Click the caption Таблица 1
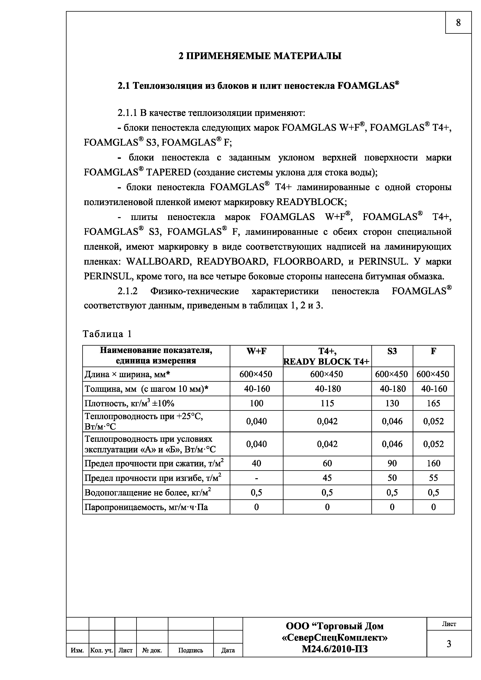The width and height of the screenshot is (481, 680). click(107, 334)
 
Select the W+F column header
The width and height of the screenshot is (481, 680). click(256, 351)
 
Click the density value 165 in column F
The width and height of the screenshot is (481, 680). click(433, 403)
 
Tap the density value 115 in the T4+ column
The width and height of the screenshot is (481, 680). click(327, 403)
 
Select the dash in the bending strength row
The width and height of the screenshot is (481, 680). click(256, 478)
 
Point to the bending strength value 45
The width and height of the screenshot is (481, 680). click(327, 478)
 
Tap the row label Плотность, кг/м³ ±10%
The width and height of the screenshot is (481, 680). click(129, 404)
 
